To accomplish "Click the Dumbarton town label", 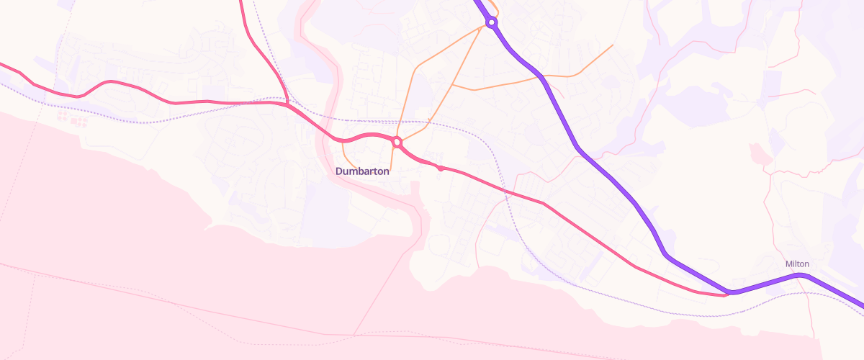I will click(x=362, y=171).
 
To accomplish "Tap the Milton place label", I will click(x=797, y=264).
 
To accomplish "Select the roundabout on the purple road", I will click(x=492, y=23).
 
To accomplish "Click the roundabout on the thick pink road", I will click(x=397, y=143).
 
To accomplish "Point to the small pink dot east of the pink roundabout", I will click(x=441, y=168).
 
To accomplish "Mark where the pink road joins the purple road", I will click(x=729, y=293).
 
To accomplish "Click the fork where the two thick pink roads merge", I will click(x=287, y=104).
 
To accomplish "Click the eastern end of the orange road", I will click(x=612, y=45).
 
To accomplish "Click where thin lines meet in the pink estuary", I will click(x=354, y=335).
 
